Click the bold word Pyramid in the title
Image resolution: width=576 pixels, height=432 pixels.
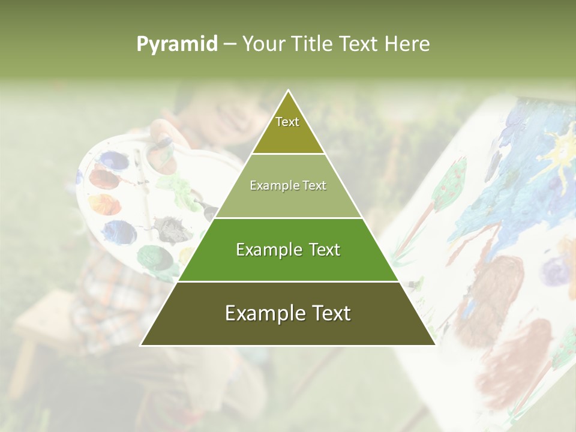[x=176, y=44]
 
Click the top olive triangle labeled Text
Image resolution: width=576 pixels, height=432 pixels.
[x=287, y=129]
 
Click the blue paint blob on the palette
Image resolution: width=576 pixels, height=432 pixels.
[x=118, y=232]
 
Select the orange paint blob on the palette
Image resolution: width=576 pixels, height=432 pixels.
[x=104, y=204]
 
